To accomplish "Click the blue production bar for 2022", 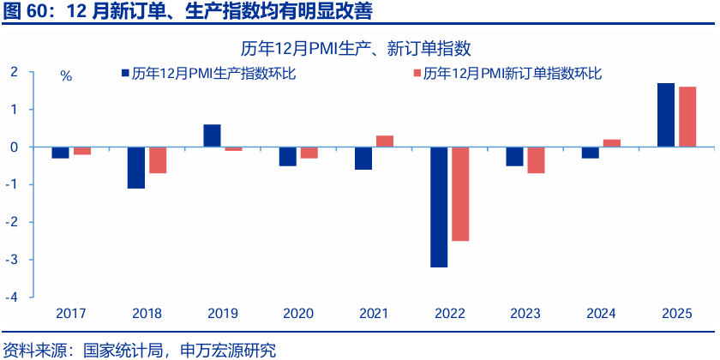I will click(x=439, y=207).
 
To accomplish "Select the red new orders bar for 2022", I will click(x=460, y=194).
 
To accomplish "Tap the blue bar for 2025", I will click(x=665, y=115).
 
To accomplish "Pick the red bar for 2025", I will click(x=687, y=117).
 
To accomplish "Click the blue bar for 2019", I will click(x=212, y=135).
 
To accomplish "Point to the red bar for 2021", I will click(x=385, y=141).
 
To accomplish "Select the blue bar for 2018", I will click(x=136, y=167).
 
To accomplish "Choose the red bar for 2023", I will click(x=536, y=160).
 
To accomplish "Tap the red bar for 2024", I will click(x=612, y=143).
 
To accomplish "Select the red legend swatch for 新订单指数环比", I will click(x=417, y=74).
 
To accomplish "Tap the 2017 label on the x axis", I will click(x=71, y=313).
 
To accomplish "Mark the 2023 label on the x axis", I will click(x=525, y=313).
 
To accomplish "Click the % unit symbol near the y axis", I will click(x=66, y=75).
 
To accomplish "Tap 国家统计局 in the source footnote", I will click(x=123, y=350).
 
